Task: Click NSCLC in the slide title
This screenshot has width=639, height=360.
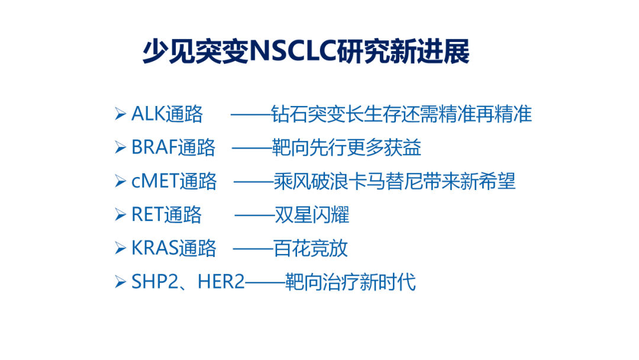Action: [x=292, y=52]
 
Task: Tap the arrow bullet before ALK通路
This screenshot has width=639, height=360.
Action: [x=120, y=114]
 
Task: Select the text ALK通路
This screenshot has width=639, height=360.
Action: [x=167, y=114]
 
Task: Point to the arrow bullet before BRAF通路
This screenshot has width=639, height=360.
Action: [x=120, y=147]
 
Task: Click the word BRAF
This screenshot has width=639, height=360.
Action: [x=154, y=147]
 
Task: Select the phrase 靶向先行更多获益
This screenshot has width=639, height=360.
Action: [x=346, y=147]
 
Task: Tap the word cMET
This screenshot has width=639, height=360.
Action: [x=155, y=181]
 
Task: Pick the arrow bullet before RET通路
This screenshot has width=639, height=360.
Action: [x=120, y=214]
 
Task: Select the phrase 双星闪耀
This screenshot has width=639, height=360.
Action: [x=312, y=214]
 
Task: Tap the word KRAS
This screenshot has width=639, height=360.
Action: [x=155, y=248]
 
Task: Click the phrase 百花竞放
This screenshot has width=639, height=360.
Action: [x=311, y=248]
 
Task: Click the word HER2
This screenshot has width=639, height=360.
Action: [x=221, y=282]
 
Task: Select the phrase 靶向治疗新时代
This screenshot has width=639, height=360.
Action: [x=350, y=282]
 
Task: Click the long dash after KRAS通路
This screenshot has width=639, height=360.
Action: [x=253, y=248]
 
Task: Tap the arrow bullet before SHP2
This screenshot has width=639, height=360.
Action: [x=120, y=282]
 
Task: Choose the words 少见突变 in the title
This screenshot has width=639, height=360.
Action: [x=196, y=52]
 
